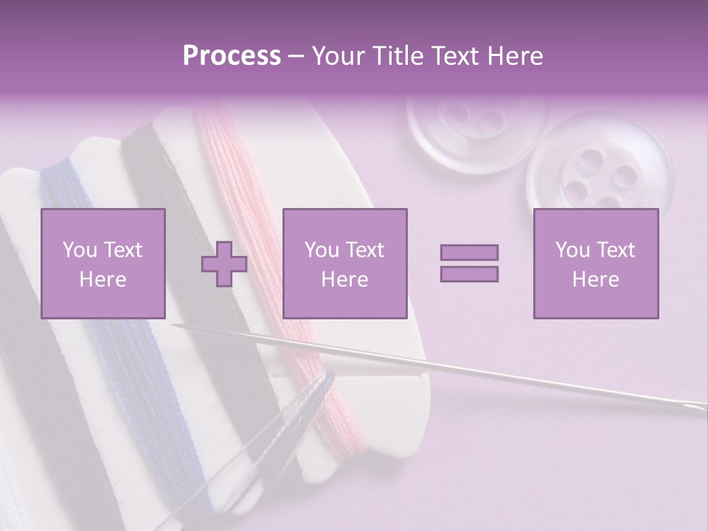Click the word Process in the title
(232, 56)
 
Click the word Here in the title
(513, 56)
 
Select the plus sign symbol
(224, 263)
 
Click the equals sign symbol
(469, 263)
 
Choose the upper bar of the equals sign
(469, 253)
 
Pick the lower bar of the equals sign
(469, 274)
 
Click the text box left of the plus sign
(103, 263)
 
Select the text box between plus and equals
(344, 263)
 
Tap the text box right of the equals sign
(595, 263)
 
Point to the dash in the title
(296, 56)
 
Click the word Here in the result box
(595, 279)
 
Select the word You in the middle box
(321, 250)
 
